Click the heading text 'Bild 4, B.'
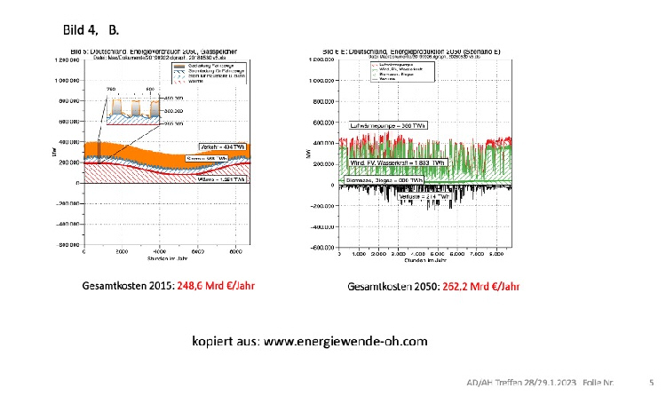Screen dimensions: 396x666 point(86,30)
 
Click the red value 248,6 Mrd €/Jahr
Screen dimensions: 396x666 point(221,287)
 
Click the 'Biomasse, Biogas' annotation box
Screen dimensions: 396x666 point(384,179)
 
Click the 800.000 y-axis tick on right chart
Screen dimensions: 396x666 point(321,100)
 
